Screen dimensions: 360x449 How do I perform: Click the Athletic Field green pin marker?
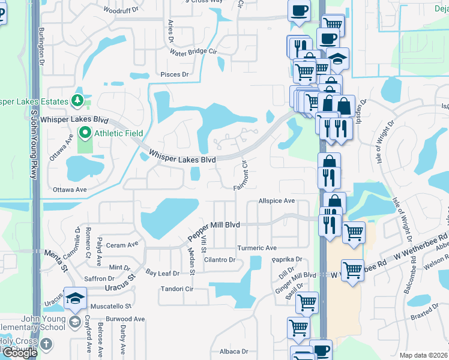[x=85, y=133]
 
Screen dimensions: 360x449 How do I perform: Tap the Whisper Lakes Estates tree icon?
[x=77, y=99]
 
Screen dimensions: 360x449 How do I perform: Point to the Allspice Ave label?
[x=277, y=201]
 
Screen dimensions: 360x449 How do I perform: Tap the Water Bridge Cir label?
[x=193, y=52]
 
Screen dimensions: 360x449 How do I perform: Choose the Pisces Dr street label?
[x=175, y=74]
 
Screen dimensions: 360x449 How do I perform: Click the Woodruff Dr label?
[x=121, y=10]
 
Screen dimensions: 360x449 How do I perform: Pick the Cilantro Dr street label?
[x=219, y=260]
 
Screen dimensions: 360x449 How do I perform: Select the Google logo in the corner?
[x=20, y=353]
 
